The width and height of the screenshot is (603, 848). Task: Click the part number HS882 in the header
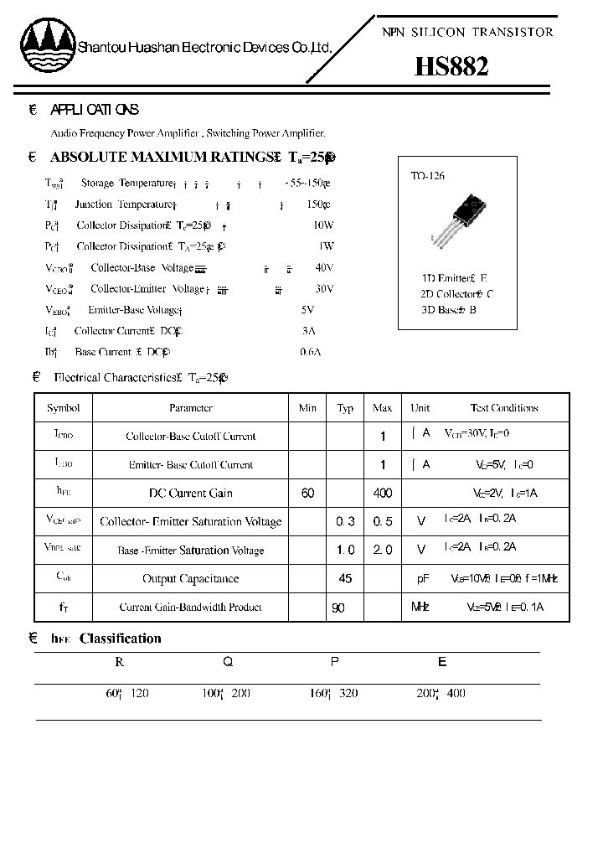(x=451, y=66)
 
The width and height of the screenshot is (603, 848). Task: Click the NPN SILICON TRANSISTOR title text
(x=467, y=32)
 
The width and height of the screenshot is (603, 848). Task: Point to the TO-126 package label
(x=427, y=176)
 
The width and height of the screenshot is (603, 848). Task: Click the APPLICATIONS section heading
(x=95, y=110)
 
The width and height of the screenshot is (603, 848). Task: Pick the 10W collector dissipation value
(x=322, y=225)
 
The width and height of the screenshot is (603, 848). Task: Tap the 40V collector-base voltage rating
(x=324, y=267)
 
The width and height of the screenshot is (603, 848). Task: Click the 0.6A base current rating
(x=310, y=352)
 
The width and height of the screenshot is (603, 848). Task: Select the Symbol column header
(x=63, y=408)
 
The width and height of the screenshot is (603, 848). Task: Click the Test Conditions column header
(x=504, y=408)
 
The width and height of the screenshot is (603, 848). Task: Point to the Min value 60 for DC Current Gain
(x=307, y=494)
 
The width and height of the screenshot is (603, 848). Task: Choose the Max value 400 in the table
(x=382, y=494)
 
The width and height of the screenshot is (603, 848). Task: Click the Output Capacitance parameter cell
(x=190, y=579)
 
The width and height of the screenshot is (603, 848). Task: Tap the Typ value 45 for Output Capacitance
(x=345, y=579)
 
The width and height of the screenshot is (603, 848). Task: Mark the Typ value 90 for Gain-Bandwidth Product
(x=338, y=608)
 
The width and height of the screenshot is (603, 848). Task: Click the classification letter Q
(x=227, y=662)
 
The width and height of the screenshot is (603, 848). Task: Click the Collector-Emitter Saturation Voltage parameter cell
(x=190, y=522)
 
